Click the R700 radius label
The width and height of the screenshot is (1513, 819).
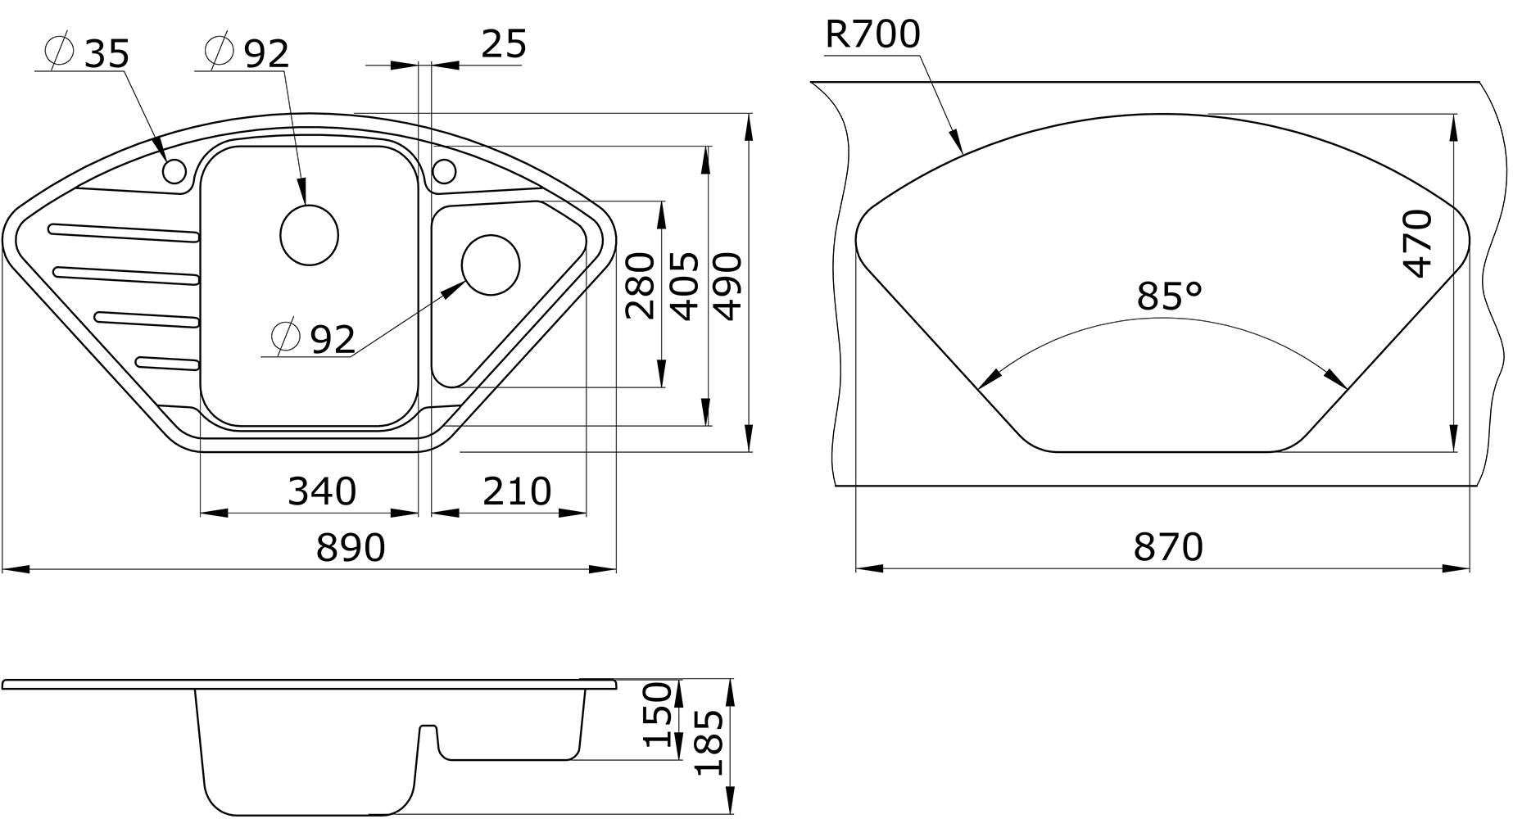point(873,34)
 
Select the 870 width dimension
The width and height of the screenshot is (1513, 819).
point(1168,546)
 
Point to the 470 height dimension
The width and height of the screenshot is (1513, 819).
point(1416,244)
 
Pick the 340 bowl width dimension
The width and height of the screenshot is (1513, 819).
point(322,491)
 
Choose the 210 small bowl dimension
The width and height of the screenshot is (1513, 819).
point(517,491)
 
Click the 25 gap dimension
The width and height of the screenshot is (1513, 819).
point(503,43)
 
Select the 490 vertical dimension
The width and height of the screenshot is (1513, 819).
point(727,285)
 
